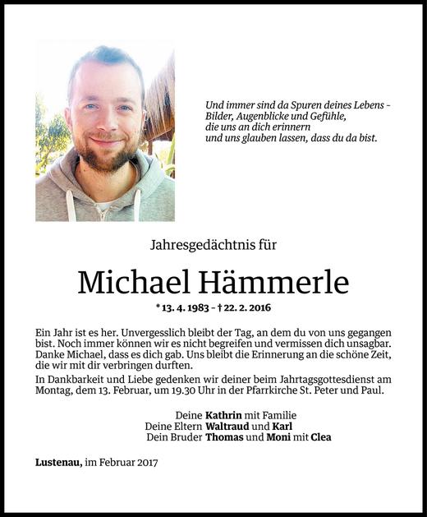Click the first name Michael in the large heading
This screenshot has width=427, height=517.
pyautogui.click(x=131, y=283)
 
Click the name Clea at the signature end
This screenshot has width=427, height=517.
pyautogui.click(x=319, y=438)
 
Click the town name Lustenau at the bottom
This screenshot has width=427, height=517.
pyautogui.click(x=58, y=463)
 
